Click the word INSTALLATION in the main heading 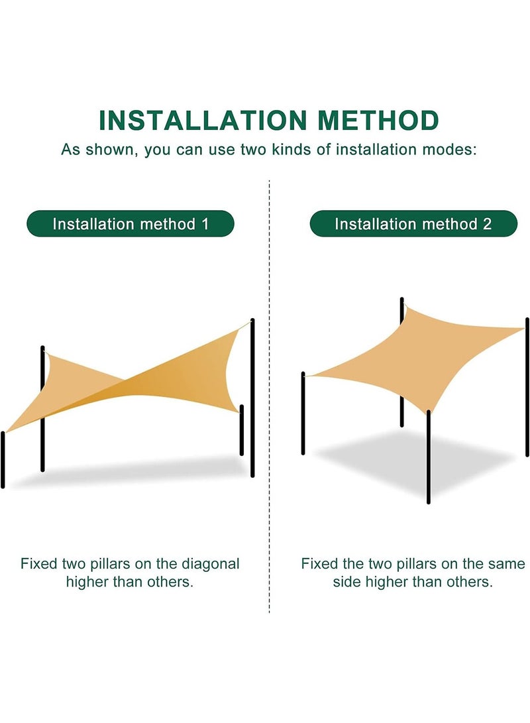[203, 121]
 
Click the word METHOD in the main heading [378, 121]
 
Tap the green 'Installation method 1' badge [131, 223]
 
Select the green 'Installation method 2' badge [413, 223]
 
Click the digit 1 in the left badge [205, 224]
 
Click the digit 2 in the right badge [487, 224]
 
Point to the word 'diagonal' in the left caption [211, 563]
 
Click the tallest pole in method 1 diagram [252, 398]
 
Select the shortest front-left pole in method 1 [3, 460]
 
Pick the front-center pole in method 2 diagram [429, 457]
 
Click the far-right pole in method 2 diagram [527, 387]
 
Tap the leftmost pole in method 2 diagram [303, 413]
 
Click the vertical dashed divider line [269, 396]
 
